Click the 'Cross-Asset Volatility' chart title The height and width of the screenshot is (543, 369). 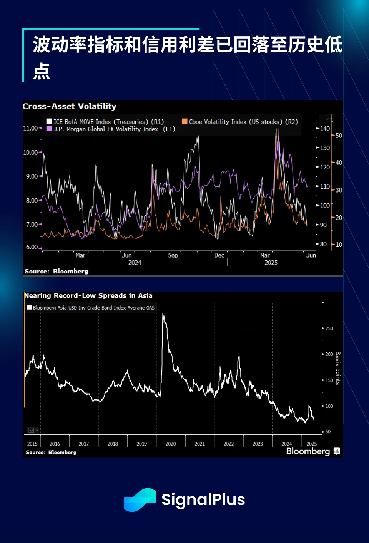click(70, 106)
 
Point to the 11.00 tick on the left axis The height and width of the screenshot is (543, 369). click(30, 128)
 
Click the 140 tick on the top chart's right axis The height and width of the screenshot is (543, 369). click(325, 129)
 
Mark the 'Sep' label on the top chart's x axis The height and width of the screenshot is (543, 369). click(173, 255)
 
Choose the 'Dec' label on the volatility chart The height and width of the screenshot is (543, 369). click(219, 255)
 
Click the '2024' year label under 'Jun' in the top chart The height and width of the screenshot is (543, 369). click(135, 263)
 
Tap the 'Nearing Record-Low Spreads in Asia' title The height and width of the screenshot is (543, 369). click(88, 296)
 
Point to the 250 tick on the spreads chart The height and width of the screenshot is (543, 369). click(329, 328)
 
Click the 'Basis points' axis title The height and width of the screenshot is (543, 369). click(338, 368)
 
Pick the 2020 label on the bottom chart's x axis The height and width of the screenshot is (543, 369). click(171, 444)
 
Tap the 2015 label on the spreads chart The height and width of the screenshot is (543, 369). click(32, 444)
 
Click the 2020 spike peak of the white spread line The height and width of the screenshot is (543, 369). click(163, 314)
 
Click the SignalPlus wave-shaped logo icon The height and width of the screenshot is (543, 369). click(140, 500)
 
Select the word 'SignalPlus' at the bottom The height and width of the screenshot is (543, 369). click(203, 500)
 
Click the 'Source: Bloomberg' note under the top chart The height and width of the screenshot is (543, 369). click(57, 271)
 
